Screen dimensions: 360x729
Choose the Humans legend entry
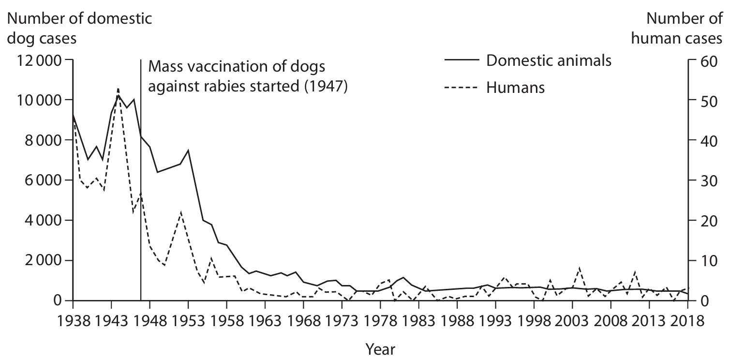tap(516, 88)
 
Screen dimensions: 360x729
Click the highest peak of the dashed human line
tap(118, 89)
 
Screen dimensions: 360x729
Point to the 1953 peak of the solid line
tap(188, 150)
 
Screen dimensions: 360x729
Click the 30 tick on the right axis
tap(704, 180)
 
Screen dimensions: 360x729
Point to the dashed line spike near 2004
tap(580, 268)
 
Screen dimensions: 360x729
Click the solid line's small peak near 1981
tap(402, 277)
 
